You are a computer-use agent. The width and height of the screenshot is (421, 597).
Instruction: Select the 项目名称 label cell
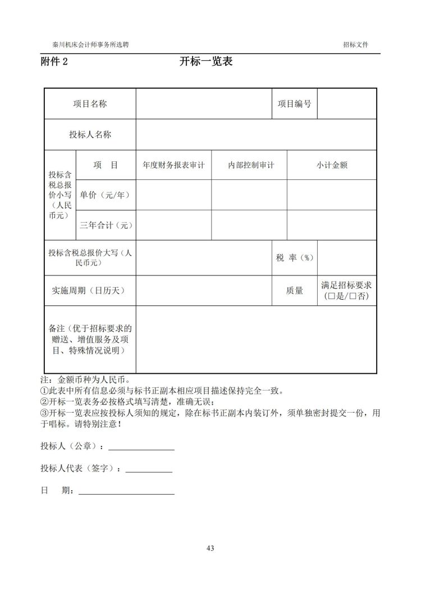tap(90, 104)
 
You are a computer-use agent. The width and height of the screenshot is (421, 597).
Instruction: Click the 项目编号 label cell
tap(294, 104)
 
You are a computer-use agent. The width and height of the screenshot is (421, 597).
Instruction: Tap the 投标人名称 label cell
tap(90, 134)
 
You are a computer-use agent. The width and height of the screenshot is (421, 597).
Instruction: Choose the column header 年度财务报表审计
tap(173, 165)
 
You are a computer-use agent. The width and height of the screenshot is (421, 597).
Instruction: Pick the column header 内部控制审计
tap(249, 165)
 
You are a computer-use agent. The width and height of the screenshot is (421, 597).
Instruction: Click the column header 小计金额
tap(331, 165)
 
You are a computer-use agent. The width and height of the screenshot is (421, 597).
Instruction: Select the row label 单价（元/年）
tap(105, 195)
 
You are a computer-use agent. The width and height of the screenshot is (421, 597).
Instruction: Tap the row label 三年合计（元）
tap(105, 225)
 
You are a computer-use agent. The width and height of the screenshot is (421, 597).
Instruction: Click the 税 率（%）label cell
tap(294, 257)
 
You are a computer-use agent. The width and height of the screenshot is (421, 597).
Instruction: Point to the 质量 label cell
tap(294, 290)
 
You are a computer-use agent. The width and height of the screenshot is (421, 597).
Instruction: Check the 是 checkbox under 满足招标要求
tap(331, 297)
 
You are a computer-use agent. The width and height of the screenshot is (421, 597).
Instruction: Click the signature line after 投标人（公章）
tap(141, 447)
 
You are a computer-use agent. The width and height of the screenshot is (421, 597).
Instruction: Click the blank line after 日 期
tap(126, 492)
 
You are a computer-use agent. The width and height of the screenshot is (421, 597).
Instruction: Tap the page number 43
tap(210, 548)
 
